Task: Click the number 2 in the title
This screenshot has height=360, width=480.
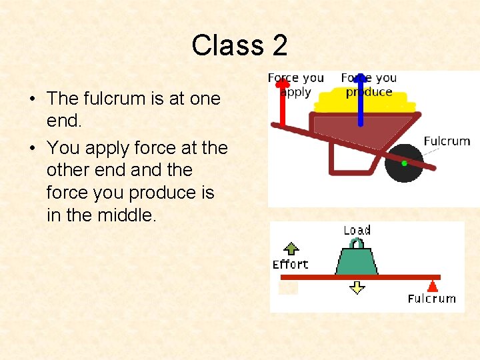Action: click(x=280, y=45)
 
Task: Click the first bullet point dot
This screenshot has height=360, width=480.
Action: click(x=32, y=99)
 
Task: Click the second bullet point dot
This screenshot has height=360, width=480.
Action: click(x=32, y=148)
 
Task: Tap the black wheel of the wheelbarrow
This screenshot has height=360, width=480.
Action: click(x=404, y=163)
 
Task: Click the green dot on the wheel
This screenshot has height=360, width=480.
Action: click(x=404, y=163)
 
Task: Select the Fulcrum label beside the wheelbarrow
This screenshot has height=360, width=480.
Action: click(x=447, y=141)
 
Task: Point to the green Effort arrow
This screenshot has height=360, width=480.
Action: click(x=290, y=249)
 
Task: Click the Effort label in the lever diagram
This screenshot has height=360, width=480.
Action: click(x=291, y=265)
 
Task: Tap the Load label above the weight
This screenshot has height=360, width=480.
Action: click(x=357, y=231)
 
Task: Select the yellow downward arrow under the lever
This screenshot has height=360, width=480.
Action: click(x=357, y=287)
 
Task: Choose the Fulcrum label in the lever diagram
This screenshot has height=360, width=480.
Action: click(x=432, y=299)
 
